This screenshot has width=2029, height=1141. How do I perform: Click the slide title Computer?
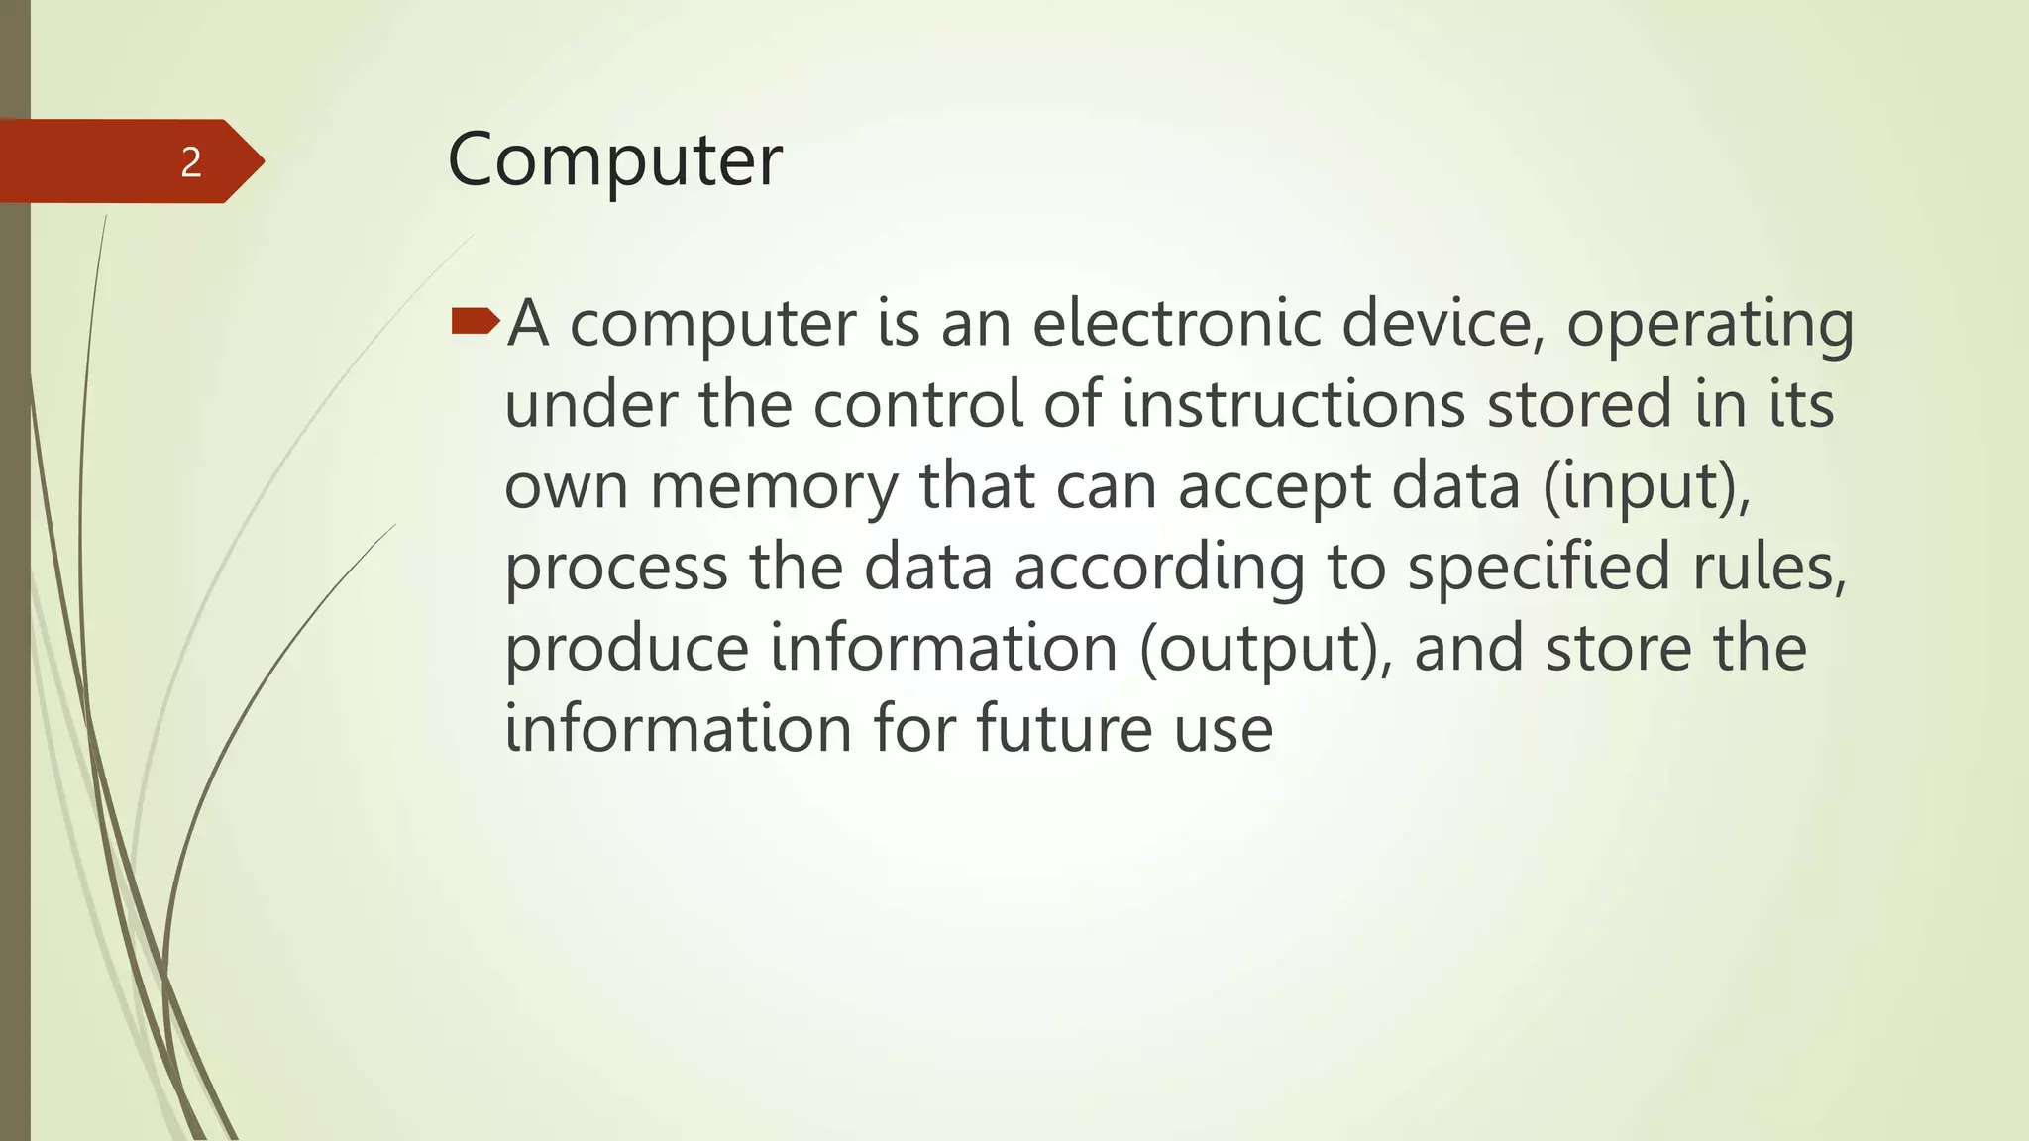coord(614,160)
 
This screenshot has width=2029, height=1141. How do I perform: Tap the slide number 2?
coord(191,161)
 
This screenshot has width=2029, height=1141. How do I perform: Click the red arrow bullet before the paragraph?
coord(476,321)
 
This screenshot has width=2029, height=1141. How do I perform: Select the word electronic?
coord(1177,324)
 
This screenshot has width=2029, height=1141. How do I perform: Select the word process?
coord(616,570)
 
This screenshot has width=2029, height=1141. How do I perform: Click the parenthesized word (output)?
coord(1265,651)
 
